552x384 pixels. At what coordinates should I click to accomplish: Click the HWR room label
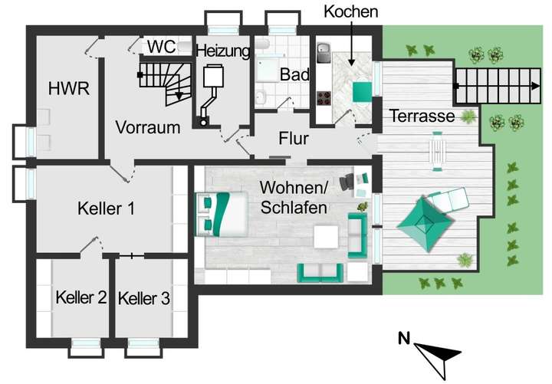tap(68, 89)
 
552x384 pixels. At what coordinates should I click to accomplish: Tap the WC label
tap(161, 46)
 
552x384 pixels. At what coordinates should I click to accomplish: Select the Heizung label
tap(222, 51)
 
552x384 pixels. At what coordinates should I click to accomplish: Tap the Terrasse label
tap(422, 117)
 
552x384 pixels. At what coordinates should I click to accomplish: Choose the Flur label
tap(293, 139)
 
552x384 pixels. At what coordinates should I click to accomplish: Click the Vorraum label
tap(148, 126)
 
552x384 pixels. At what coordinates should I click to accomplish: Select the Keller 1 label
tap(107, 208)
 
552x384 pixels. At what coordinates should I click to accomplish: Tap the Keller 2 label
tap(80, 298)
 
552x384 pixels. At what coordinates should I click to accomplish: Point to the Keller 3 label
tap(144, 298)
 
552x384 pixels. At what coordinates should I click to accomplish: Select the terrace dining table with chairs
tap(437, 149)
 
